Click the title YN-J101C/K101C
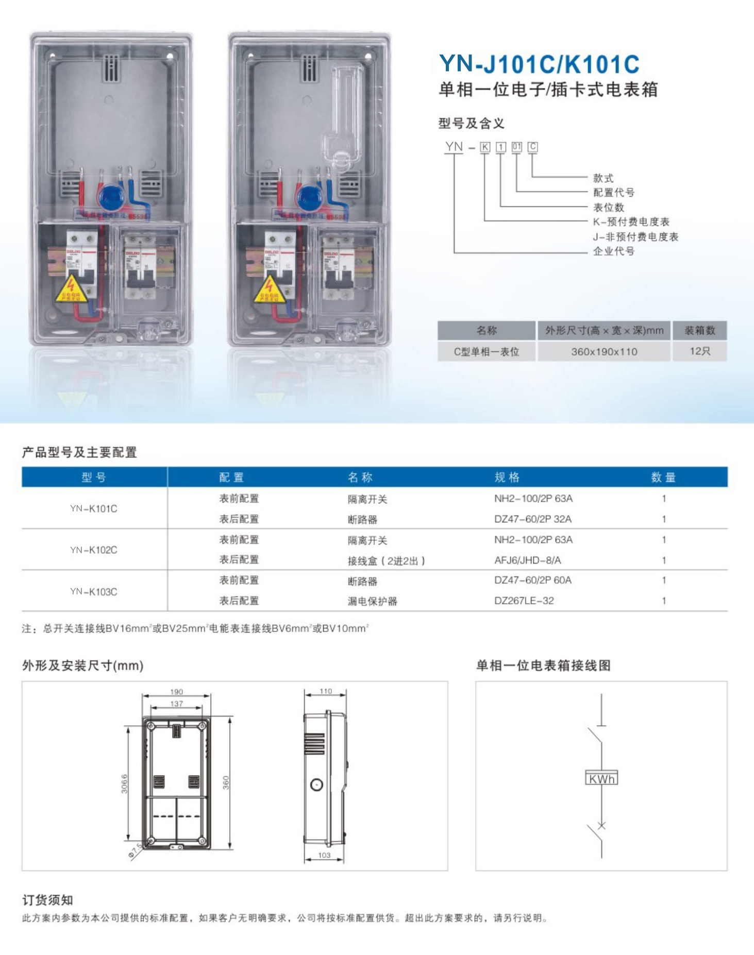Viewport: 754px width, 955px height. coord(539,64)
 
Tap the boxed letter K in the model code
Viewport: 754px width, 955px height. coord(485,147)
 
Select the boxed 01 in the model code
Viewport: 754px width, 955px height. coord(516,147)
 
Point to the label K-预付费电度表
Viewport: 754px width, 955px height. coord(631,222)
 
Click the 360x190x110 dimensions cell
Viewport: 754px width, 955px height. coord(604,352)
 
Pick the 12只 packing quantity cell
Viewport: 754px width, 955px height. coord(699,351)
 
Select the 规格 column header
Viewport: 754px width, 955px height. coord(507,477)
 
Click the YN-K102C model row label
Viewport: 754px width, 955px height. coord(94,550)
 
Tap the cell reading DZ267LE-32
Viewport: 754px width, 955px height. coord(524,601)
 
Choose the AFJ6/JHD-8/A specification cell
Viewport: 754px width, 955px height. coord(528,560)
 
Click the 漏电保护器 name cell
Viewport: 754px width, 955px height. coord(372,601)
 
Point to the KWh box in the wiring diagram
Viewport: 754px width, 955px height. coord(601,778)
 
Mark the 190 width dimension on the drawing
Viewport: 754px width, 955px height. coord(176,692)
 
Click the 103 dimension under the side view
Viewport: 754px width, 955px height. coord(324,855)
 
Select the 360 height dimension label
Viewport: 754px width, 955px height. coord(226,783)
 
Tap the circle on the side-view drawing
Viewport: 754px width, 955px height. coord(317,785)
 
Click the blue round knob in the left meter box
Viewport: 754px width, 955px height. coord(110,197)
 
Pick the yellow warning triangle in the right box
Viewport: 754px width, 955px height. coord(269,289)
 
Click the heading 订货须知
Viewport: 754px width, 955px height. coord(47,900)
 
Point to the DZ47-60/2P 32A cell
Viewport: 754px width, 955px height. coord(533,519)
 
